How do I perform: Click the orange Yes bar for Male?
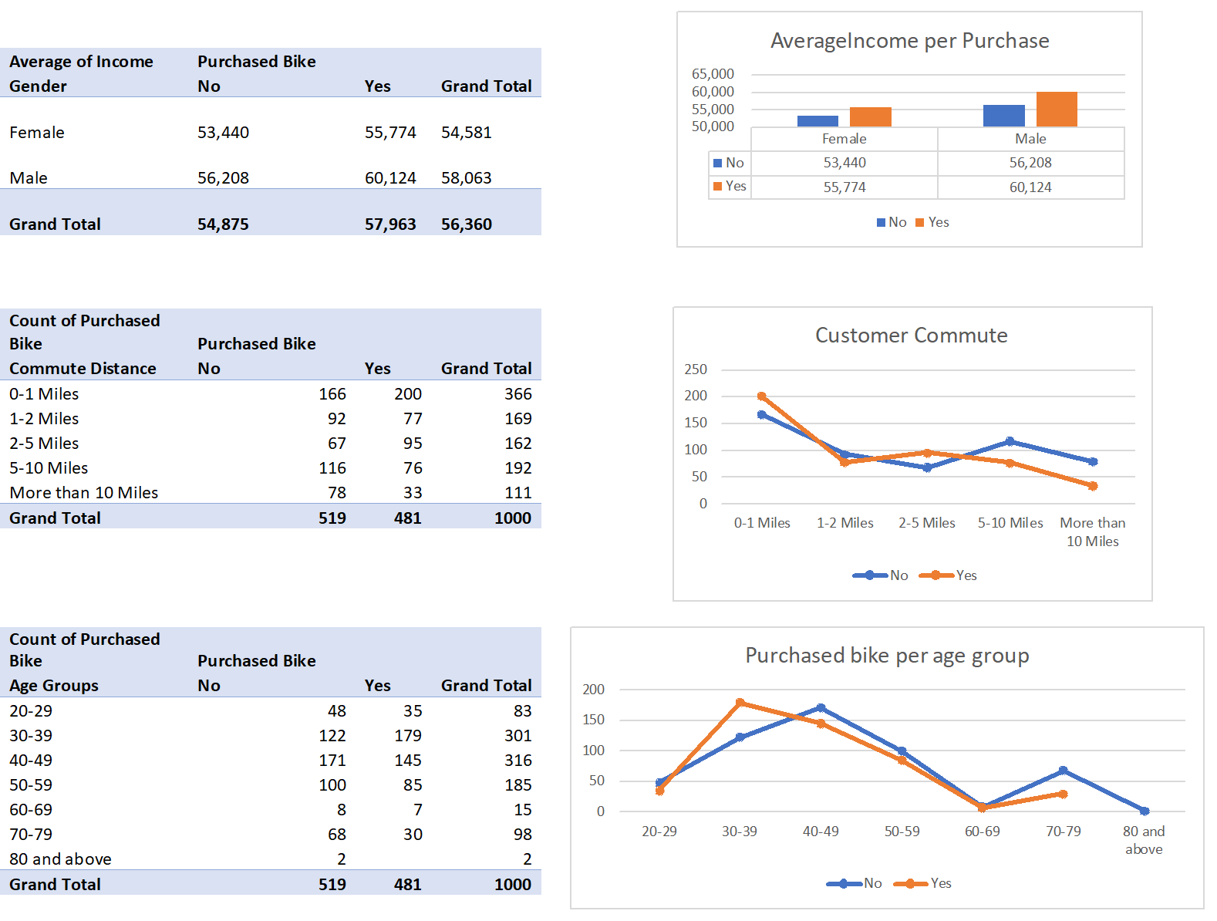(x=1057, y=110)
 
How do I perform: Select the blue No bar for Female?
(x=818, y=121)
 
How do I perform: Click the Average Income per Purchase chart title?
(x=909, y=41)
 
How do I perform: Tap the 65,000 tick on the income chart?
(x=713, y=74)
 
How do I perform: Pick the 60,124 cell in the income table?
(x=390, y=178)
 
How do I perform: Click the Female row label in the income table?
(x=37, y=133)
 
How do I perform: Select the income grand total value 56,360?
(x=466, y=224)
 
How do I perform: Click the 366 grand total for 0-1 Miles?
(x=517, y=394)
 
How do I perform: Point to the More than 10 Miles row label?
(x=83, y=493)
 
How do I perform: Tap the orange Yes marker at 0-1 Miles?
(x=762, y=396)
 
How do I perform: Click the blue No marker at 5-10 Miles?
(x=1010, y=441)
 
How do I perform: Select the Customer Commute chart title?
(x=911, y=336)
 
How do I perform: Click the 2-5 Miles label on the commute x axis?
(x=926, y=523)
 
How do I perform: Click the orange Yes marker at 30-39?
(x=740, y=703)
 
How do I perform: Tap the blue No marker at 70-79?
(x=1063, y=771)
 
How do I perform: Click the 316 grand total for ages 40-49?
(x=517, y=761)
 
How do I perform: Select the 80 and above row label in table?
(x=60, y=859)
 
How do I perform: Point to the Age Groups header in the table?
(x=54, y=686)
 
